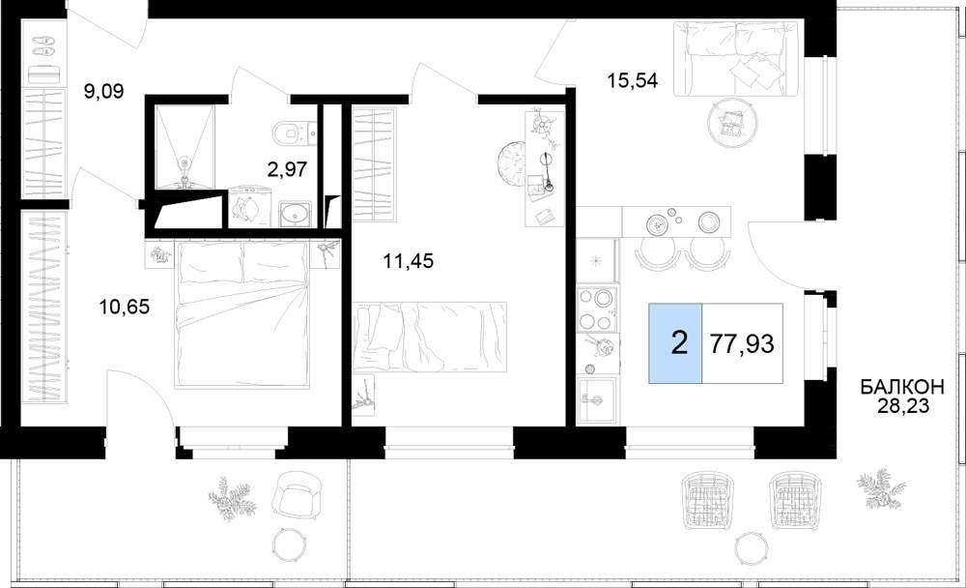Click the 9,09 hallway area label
(x=103, y=92)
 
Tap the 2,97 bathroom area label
(x=287, y=168)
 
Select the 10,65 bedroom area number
(x=125, y=307)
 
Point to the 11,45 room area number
(x=408, y=262)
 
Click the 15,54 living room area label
(x=633, y=79)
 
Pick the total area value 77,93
(x=742, y=343)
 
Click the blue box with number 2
(x=675, y=343)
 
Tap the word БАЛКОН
(x=902, y=388)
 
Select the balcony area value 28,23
(x=902, y=406)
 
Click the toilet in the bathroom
(x=287, y=132)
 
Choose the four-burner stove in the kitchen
(x=597, y=309)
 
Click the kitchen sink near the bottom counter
(x=596, y=399)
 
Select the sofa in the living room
(x=730, y=59)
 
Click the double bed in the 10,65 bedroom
(x=241, y=314)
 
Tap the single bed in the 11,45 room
(x=430, y=337)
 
